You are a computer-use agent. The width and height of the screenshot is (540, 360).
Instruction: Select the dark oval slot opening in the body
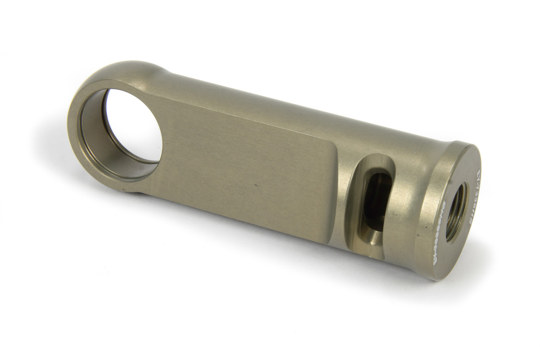pos(375,198)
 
